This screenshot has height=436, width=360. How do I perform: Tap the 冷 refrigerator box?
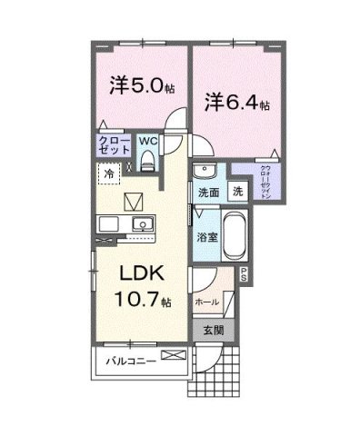[x=108, y=173]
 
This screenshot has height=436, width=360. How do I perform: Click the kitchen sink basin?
[x=141, y=224]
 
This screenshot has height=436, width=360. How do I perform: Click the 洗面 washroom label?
[x=208, y=193]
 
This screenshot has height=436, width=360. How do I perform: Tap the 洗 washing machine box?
[x=236, y=193]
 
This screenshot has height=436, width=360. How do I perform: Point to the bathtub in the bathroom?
[x=234, y=235]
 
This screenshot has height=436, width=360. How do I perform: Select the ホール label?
[x=205, y=301]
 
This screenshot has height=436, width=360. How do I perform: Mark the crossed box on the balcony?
[x=171, y=355]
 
